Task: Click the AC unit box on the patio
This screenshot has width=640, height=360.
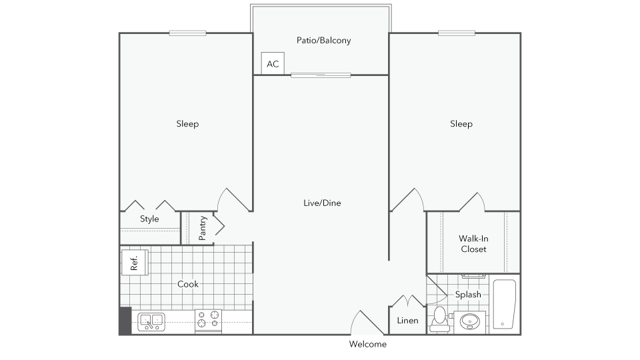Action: tap(273, 63)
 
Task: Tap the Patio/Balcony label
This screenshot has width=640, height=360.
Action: tap(324, 41)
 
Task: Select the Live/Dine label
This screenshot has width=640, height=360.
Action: tap(322, 203)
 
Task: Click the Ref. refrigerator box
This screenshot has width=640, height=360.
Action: tap(135, 263)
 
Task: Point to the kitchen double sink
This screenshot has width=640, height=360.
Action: tap(151, 321)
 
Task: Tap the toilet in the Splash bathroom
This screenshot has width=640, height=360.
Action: tap(439, 319)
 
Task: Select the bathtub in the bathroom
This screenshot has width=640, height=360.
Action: tap(504, 304)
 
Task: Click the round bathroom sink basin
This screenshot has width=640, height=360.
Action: tap(470, 321)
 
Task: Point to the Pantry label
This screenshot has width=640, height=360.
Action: tap(203, 228)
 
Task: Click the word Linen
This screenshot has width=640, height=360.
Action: tap(407, 321)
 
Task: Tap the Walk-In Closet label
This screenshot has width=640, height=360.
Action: tap(473, 244)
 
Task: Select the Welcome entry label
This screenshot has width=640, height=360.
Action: tap(368, 344)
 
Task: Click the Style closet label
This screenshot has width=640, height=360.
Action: tap(149, 219)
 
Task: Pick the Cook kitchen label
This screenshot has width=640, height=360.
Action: tap(188, 284)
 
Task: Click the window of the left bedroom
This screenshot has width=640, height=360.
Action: tap(187, 33)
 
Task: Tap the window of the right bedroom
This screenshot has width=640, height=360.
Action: tap(456, 33)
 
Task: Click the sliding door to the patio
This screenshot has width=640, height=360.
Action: tap(321, 75)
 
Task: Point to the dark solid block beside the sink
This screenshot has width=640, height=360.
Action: tap(125, 321)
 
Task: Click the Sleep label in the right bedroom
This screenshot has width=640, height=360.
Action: tap(461, 124)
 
